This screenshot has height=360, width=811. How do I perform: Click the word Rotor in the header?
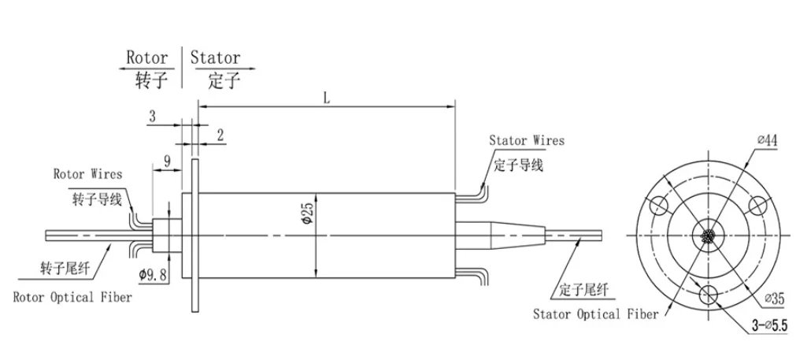point(147,58)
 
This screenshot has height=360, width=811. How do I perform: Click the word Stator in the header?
point(214,58)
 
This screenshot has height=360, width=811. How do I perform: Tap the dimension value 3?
point(153,116)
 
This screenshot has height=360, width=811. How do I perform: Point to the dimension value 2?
point(220,135)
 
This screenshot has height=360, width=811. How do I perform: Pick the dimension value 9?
point(167,161)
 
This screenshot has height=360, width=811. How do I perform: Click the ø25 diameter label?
point(309,213)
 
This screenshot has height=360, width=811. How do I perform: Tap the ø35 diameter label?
point(774,299)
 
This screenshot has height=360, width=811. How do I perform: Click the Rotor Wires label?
point(87,173)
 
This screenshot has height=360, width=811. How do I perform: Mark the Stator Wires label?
point(527,141)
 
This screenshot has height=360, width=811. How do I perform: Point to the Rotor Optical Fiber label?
point(72,298)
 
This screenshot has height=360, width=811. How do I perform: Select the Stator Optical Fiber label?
point(596,314)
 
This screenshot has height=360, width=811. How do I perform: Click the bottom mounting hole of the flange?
point(709,295)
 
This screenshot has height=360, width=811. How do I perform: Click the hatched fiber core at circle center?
point(709,236)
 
